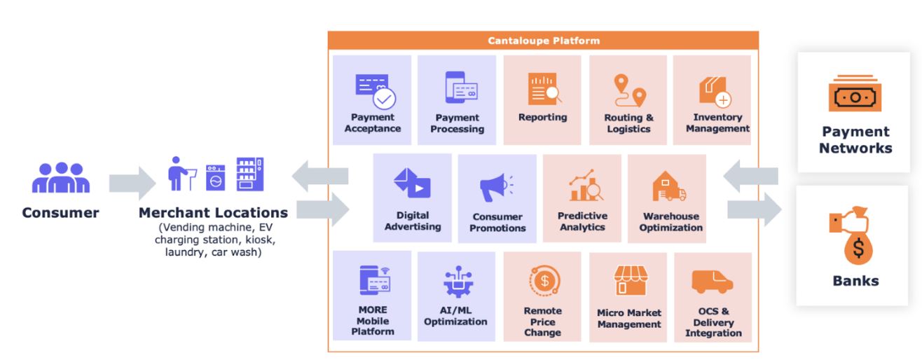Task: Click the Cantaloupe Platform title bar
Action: coord(543,41)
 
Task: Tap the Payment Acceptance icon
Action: coord(374,90)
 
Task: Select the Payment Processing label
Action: coord(457,123)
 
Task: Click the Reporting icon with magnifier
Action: coord(542,89)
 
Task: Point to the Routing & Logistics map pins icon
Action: coord(628,90)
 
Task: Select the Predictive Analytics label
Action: coord(582,221)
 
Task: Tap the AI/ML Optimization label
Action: coord(455,316)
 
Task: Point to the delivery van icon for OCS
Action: coord(713,282)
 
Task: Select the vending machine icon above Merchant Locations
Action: coord(250,175)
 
